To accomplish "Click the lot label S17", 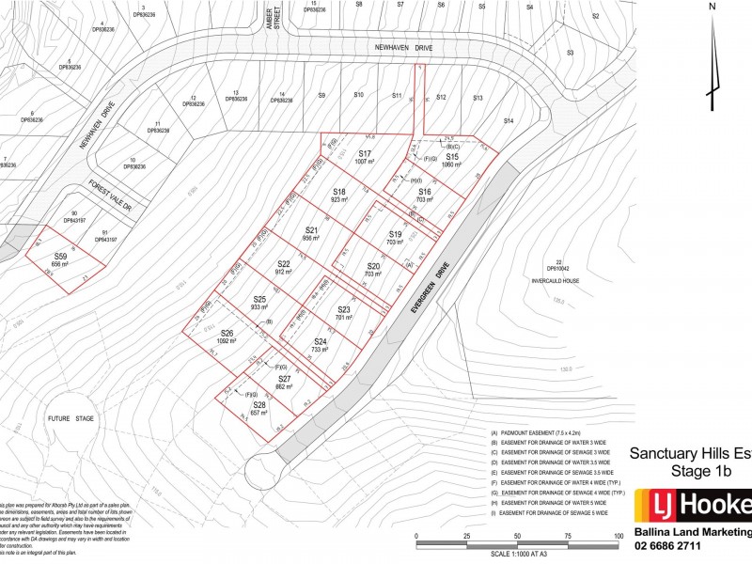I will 365,153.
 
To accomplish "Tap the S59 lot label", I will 60,257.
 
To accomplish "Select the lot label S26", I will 227,334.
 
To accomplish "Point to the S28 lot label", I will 259,405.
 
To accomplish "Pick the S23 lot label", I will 343,309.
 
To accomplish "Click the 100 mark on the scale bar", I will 618,536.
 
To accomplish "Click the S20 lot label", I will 374,267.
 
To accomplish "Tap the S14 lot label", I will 509,121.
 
